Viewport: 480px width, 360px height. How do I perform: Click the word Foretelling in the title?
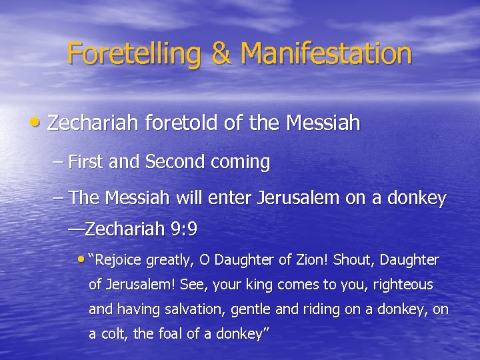click(x=135, y=53)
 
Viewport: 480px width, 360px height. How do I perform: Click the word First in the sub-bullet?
click(x=84, y=162)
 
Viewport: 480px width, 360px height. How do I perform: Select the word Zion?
click(x=314, y=259)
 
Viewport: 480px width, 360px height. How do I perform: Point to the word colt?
click(x=113, y=335)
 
